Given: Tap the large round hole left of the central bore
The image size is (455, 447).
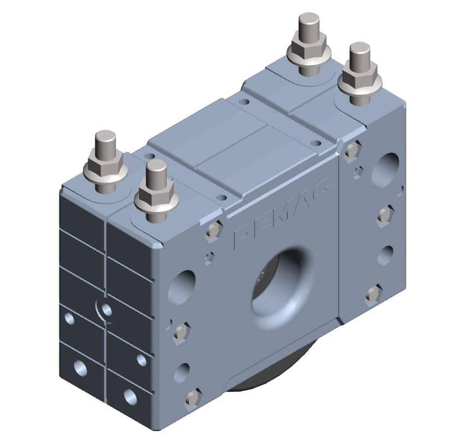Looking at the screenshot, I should tap(182, 285).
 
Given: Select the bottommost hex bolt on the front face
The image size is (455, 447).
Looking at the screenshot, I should tap(192, 398).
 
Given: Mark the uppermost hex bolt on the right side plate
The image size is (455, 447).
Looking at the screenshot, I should tap(352, 150).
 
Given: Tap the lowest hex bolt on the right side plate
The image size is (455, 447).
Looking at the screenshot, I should tap(373, 295).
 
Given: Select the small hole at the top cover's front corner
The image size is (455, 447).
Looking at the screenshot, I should tap(221, 197).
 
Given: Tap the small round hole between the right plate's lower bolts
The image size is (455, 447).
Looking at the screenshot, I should tap(385, 255).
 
